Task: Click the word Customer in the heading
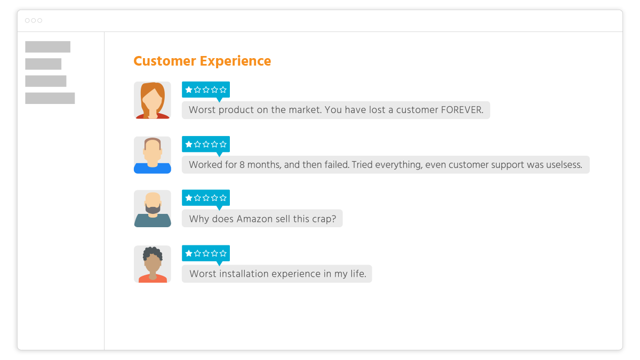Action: (165, 61)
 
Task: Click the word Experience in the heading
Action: (235, 61)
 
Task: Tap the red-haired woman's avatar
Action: (153, 100)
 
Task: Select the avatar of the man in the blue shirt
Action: (153, 155)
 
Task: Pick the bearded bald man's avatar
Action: (153, 209)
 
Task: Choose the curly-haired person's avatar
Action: (153, 264)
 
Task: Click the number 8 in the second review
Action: (242, 165)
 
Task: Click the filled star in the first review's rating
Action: (189, 90)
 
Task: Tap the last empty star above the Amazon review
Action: (223, 198)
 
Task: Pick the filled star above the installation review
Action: (189, 253)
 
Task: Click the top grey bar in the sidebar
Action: (47, 46)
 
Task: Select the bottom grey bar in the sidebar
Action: (50, 98)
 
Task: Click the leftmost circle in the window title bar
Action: (27, 20)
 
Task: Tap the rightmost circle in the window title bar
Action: (39, 20)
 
